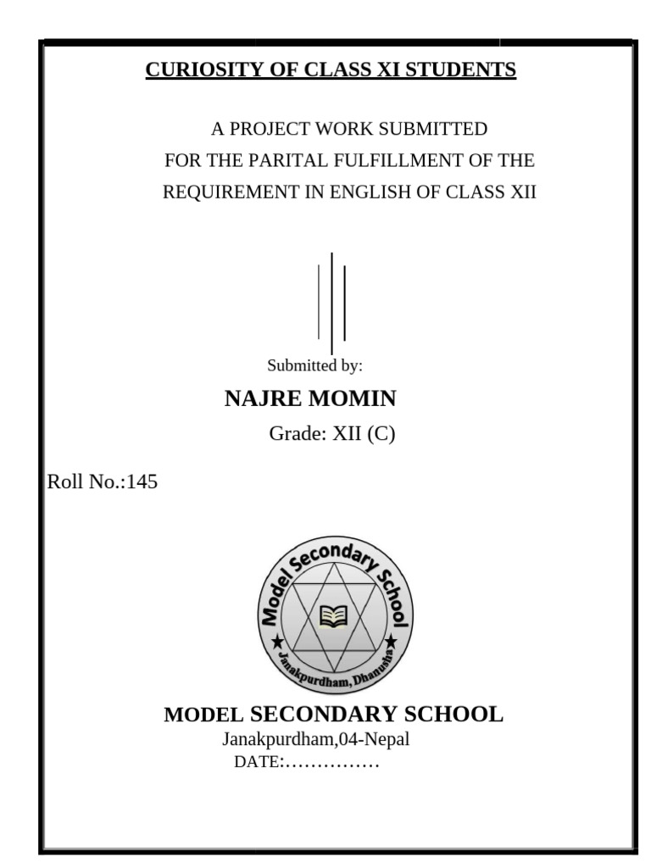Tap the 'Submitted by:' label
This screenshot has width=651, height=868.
[314, 366]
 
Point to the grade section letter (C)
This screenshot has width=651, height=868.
[381, 435]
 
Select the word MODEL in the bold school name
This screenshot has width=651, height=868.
[203, 715]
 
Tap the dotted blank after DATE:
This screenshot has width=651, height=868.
[331, 762]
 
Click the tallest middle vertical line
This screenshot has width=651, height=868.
[331, 302]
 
